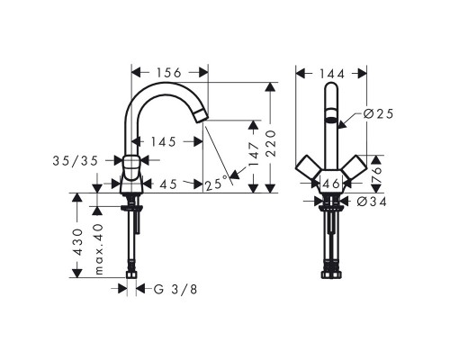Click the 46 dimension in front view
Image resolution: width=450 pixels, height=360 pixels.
click(x=330, y=184)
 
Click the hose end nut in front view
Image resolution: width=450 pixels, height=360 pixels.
click(x=330, y=267)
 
